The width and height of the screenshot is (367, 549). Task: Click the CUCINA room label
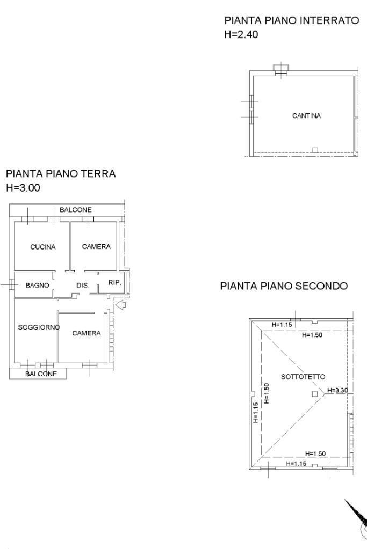[x=43, y=247]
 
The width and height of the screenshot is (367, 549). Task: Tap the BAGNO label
[x=37, y=286]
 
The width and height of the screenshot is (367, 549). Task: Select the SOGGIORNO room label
[x=39, y=327]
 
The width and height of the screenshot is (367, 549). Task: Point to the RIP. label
[x=114, y=282]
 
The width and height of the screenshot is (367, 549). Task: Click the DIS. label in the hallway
[x=83, y=286]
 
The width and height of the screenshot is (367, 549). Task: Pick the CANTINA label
[x=306, y=115]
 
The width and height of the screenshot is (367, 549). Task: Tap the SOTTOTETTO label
[x=303, y=377]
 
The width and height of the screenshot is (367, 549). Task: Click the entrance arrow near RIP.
[x=120, y=305]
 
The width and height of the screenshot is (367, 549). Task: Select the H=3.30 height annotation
[x=337, y=390]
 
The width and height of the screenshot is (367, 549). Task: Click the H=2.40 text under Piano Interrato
[x=241, y=34]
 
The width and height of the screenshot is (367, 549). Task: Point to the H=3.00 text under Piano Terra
[x=23, y=188]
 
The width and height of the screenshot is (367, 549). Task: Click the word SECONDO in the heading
[x=321, y=286]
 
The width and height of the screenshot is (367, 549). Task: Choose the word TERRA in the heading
[x=98, y=173]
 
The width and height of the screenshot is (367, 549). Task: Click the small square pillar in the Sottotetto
[x=315, y=394]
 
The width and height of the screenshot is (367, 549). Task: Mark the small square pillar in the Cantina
[x=315, y=150]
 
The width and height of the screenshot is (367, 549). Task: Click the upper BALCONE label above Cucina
[x=76, y=210]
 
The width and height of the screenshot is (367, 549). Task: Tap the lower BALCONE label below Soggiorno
[x=41, y=374]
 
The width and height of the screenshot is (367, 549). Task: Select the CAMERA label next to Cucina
[x=96, y=246]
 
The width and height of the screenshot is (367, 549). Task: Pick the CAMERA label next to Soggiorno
[x=87, y=333]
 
